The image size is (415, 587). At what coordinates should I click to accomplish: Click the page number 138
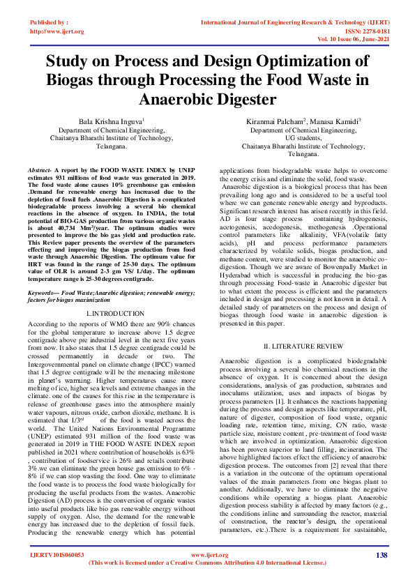coord(381,574)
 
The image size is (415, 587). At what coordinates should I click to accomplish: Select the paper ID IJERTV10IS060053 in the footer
coord(56,574)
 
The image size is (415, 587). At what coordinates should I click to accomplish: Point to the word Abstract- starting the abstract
coord(39,169)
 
